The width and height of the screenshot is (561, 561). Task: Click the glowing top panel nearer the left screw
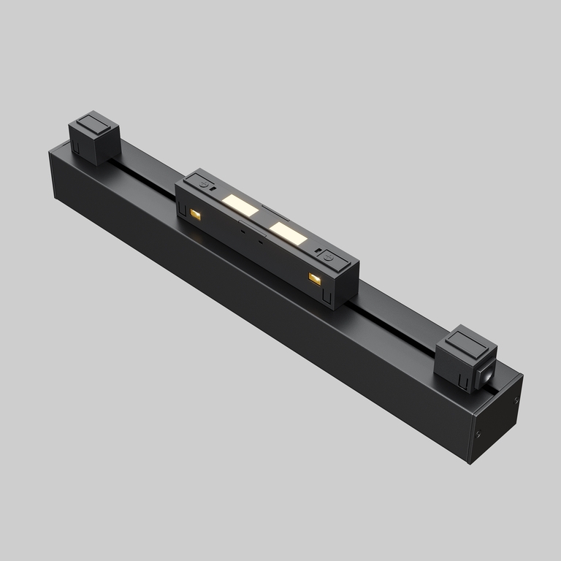(x=240, y=205)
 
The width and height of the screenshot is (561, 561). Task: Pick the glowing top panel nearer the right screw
(x=287, y=232)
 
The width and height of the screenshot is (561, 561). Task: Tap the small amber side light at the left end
(x=196, y=214)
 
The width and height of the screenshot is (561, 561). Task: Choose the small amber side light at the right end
(x=315, y=278)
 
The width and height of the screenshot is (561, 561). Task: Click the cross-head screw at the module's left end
(x=204, y=186)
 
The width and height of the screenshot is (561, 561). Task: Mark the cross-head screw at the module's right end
(x=329, y=257)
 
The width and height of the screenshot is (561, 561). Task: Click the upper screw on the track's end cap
(x=516, y=400)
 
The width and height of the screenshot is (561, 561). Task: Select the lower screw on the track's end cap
(x=478, y=435)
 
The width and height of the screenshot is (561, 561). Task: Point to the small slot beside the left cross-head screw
(x=213, y=191)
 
